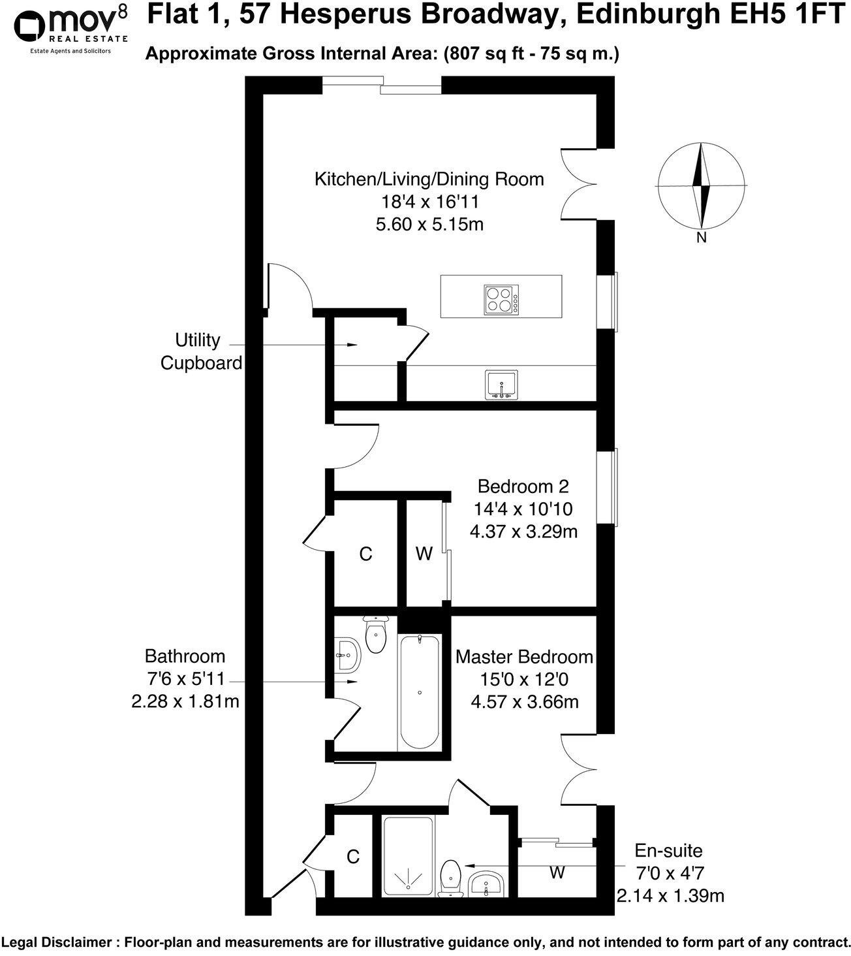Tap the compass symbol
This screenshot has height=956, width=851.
point(702,185)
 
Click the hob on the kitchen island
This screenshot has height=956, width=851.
point(501,300)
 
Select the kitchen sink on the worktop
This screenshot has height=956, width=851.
point(501,385)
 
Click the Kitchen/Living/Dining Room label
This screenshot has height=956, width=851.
point(429,179)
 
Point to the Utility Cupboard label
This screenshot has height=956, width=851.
point(201,351)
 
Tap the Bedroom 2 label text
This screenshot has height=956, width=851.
point(523,486)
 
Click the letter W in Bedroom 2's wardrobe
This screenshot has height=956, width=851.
point(424,554)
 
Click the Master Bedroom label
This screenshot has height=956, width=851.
point(524,656)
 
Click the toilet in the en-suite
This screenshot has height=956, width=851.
point(451,876)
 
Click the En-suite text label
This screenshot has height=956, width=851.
point(669,850)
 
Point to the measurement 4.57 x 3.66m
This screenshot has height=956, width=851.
point(524,702)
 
